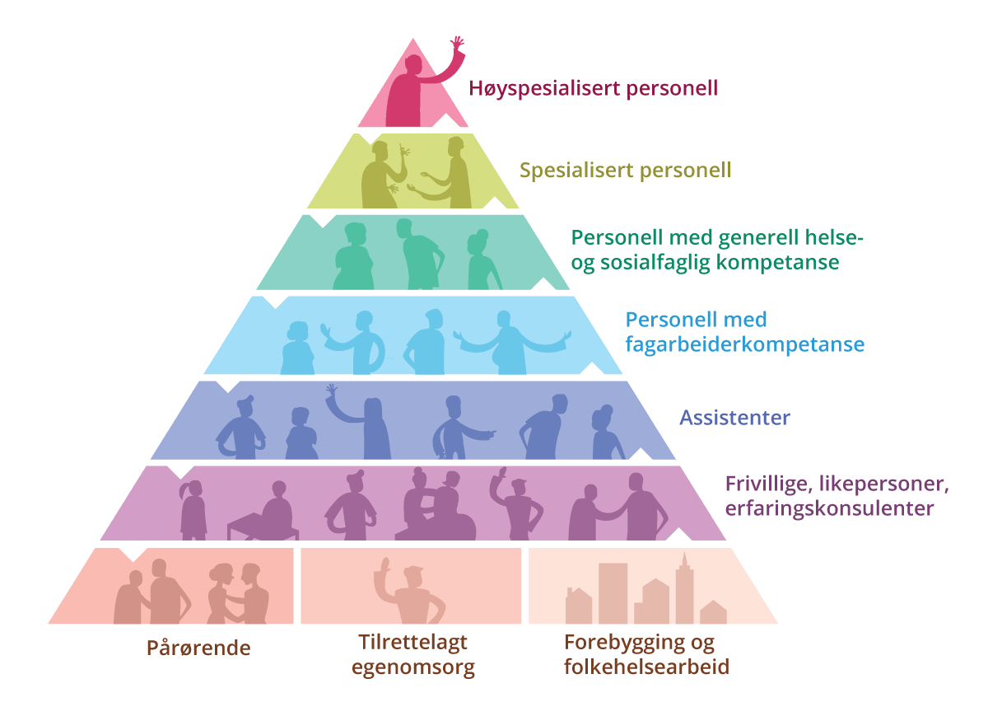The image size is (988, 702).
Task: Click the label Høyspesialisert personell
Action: click(593, 88)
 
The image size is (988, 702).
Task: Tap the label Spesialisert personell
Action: click(625, 171)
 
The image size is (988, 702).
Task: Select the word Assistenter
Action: click(734, 417)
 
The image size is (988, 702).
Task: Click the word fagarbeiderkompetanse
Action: click(744, 343)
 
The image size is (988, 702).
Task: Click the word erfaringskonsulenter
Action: click(829, 508)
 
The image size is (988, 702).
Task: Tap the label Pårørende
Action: click(198, 648)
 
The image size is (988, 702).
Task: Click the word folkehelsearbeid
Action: click(647, 667)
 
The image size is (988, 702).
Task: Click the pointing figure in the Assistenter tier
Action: click(458, 428)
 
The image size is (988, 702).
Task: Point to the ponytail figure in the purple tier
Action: click(193, 508)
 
